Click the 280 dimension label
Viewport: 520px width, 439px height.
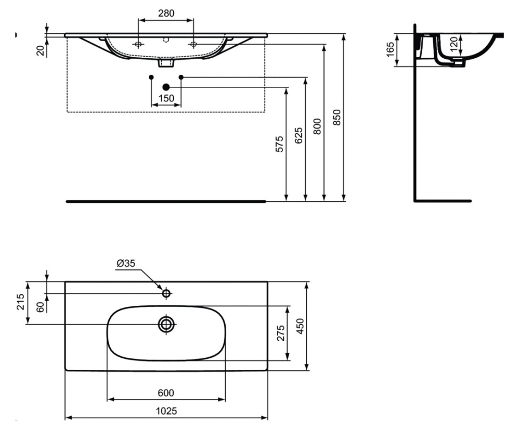(166, 12)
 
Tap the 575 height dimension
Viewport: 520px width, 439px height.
(279, 144)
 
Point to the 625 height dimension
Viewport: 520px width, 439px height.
(298, 137)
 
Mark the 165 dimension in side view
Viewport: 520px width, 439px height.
(390, 49)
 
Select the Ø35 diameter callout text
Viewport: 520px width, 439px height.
(126, 264)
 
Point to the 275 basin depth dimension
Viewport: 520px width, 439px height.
(281, 333)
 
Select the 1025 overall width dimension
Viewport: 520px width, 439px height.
(166, 411)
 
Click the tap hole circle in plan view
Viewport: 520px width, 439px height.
(166, 294)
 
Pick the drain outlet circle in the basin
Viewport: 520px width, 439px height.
(166, 325)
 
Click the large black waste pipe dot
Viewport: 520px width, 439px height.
(166, 87)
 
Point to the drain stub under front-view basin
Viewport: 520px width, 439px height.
(166, 63)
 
